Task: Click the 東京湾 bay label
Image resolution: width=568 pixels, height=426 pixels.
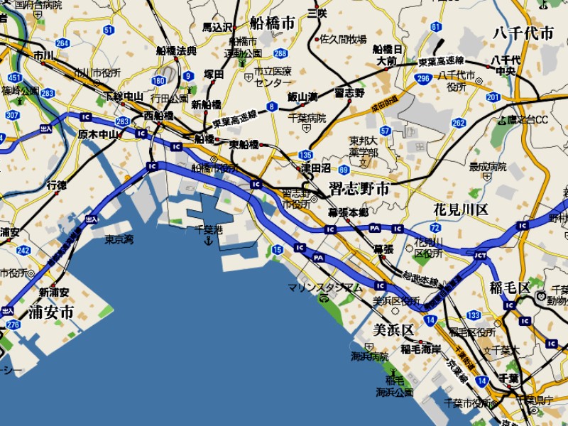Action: pyautogui.click(x=119, y=239)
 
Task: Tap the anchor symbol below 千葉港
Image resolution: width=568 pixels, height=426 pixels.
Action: pyautogui.click(x=208, y=241)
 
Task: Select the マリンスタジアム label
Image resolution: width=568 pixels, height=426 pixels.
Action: pyautogui.click(x=325, y=288)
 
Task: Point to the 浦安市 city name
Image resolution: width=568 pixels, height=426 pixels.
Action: pyautogui.click(x=51, y=312)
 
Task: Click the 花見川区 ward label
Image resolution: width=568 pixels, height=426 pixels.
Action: pyautogui.click(x=461, y=209)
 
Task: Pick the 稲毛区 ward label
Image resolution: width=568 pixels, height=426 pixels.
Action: pyautogui.click(x=510, y=288)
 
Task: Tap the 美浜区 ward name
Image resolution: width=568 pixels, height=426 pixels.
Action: pyautogui.click(x=393, y=330)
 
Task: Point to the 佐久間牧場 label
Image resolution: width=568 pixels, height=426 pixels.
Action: pyautogui.click(x=344, y=39)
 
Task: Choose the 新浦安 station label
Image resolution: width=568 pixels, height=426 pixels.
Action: pyautogui.click(x=54, y=293)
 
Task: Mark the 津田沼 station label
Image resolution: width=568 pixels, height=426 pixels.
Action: pyautogui.click(x=316, y=168)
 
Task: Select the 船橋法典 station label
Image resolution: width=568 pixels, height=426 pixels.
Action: pyautogui.click(x=176, y=51)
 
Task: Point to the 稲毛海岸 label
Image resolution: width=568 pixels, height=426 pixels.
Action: pyautogui.click(x=420, y=349)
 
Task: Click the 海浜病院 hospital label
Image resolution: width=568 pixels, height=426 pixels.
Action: pyautogui.click(x=370, y=356)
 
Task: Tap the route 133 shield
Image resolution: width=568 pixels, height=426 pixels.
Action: pyautogui.click(x=474, y=315)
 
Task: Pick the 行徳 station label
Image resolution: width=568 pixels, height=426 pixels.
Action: pyautogui.click(x=57, y=185)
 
